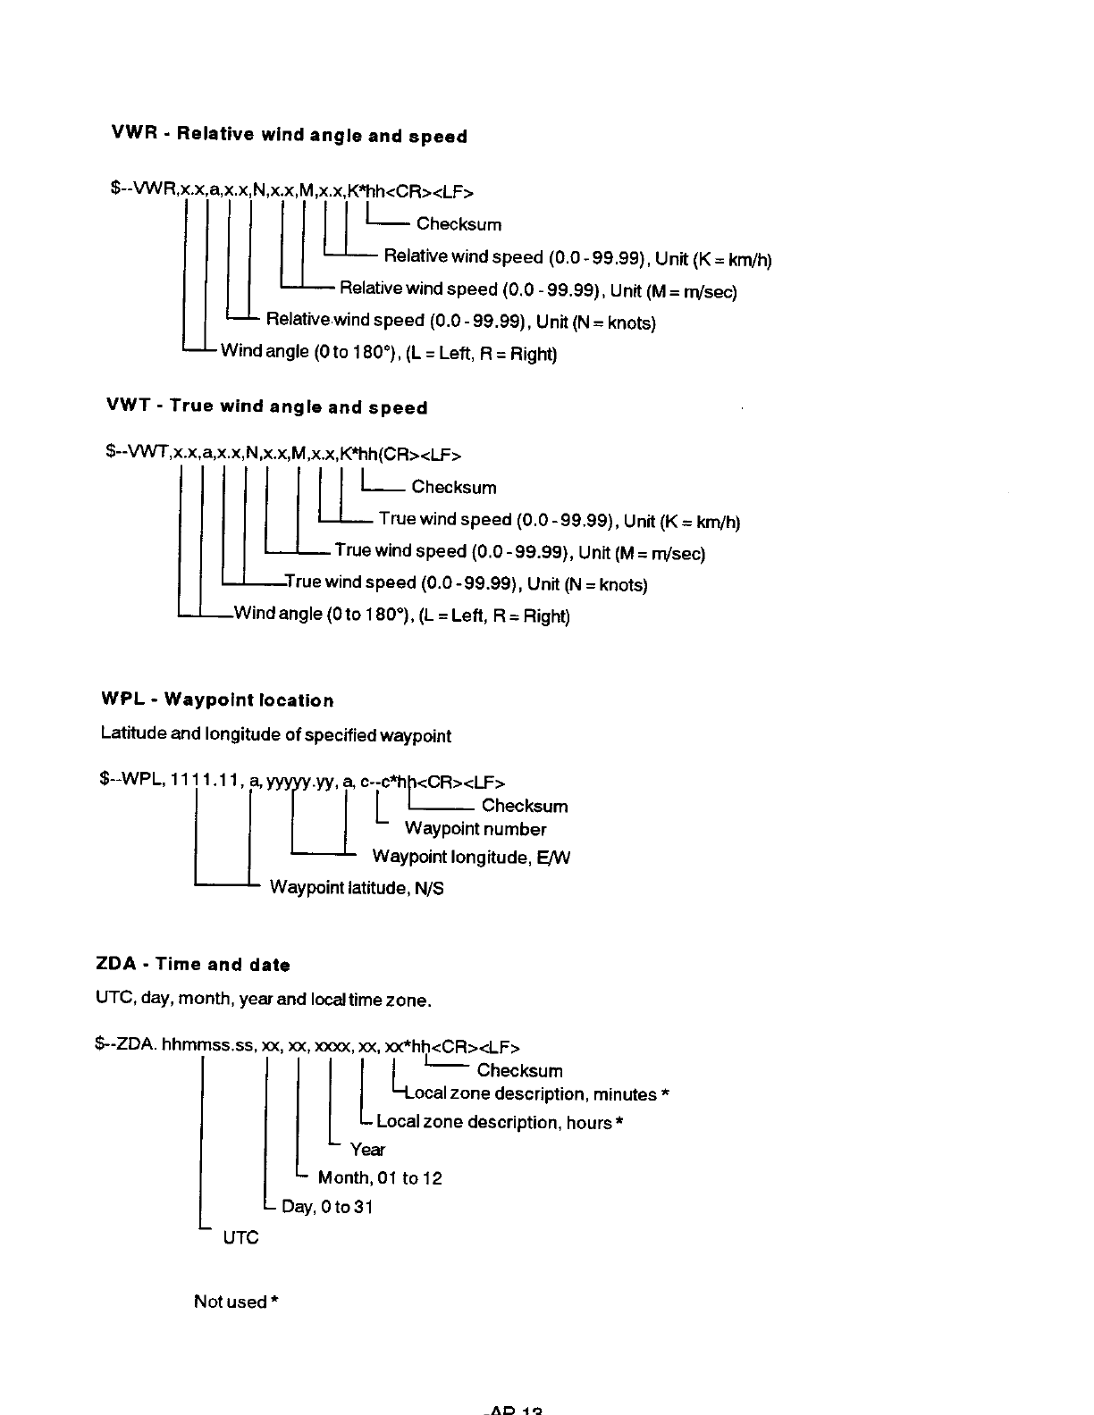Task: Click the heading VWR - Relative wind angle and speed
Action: pos(289,136)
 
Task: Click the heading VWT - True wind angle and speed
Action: pos(267,407)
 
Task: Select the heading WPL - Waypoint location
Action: pos(218,700)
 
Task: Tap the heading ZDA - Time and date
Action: pos(193,965)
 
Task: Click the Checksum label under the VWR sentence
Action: pos(459,224)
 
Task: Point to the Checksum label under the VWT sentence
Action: pos(453,488)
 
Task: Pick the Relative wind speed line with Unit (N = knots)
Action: pos(460,321)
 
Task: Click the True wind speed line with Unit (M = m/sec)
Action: pos(519,552)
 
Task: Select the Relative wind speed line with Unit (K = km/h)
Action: pos(576,258)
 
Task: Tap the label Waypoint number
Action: pos(475,829)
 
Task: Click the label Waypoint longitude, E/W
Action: pos(471,858)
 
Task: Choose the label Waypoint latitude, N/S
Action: pos(357,888)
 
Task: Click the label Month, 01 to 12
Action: pos(380,1178)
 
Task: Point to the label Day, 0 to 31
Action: pos(327,1208)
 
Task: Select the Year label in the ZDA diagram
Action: pos(367,1150)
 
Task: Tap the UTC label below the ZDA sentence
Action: pos(240,1237)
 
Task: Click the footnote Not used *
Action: pos(236,1302)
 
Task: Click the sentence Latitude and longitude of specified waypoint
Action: pos(275,735)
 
